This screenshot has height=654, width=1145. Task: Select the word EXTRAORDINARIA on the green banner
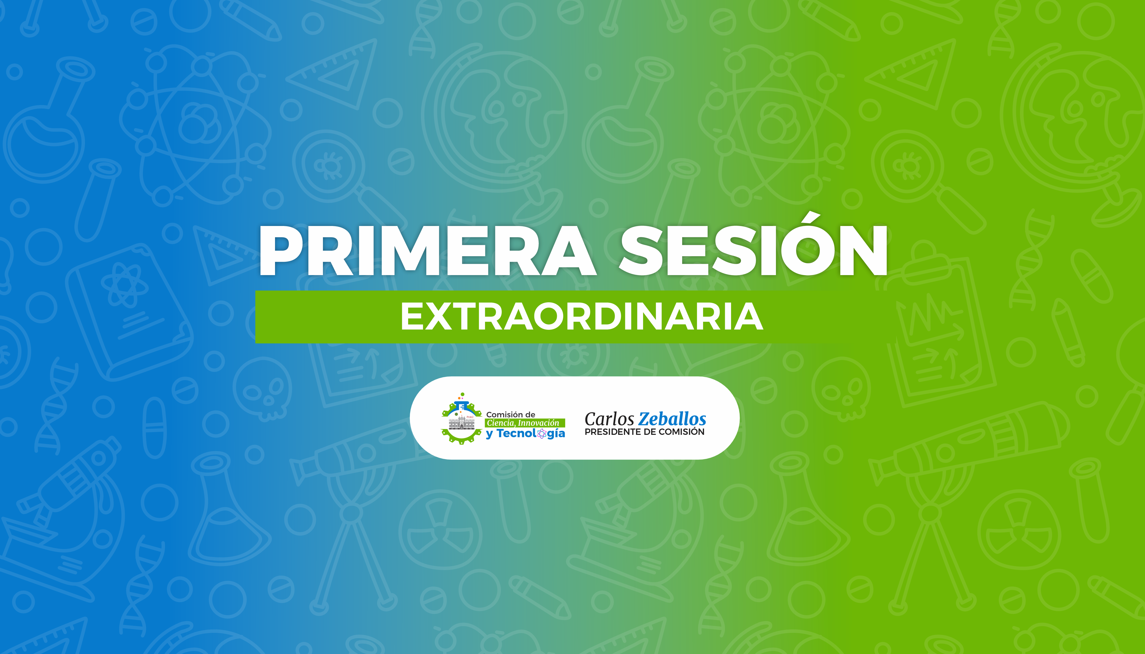coord(582,317)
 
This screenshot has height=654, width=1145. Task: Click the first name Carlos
coord(609,419)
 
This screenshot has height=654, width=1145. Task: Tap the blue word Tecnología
coord(531,434)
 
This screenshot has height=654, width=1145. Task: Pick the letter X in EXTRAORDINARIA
coord(437,317)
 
